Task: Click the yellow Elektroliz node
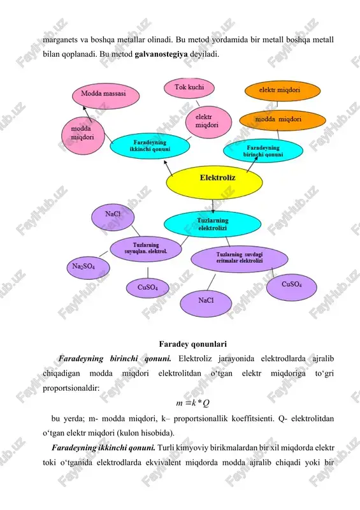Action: pyautogui.click(x=214, y=182)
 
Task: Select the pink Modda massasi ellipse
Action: pyautogui.click(x=106, y=96)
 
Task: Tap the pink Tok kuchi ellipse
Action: pyautogui.click(x=189, y=87)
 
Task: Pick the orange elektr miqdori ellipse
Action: pyautogui.click(x=283, y=91)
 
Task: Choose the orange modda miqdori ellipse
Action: pyautogui.click(x=283, y=120)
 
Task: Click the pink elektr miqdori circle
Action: pyautogui.click(x=208, y=122)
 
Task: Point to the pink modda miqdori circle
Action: pyautogui.click(x=83, y=136)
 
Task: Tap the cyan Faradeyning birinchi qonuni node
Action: pyautogui.click(x=263, y=151)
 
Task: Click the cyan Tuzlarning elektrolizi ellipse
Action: pyautogui.click(x=212, y=224)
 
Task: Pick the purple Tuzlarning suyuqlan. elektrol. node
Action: pyautogui.click(x=146, y=249)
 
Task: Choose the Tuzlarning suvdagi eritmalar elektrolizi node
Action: pyautogui.click(x=240, y=259)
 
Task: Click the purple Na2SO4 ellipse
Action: pyautogui.click(x=88, y=268)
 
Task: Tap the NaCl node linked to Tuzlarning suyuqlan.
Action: pyautogui.click(x=113, y=217)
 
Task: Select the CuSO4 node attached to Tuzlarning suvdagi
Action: pyautogui.click(x=291, y=287)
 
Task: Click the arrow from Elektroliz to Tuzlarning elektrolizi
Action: pyautogui.click(x=213, y=206)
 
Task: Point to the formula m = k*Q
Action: pyautogui.click(x=192, y=404)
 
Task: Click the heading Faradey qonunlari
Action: pyautogui.click(x=193, y=344)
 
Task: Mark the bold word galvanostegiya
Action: pyautogui.click(x=161, y=54)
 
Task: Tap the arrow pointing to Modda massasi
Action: pyautogui.click(x=87, y=114)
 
